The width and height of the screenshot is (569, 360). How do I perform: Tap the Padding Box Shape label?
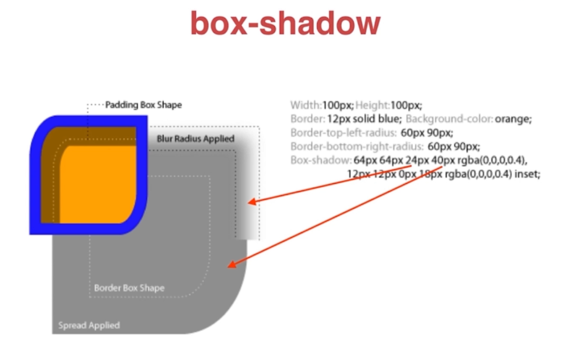[x=144, y=105]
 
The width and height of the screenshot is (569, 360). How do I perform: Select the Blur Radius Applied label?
[x=195, y=139]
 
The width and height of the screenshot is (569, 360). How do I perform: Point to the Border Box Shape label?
[x=129, y=288]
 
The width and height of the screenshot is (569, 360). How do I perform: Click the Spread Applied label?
[x=89, y=325]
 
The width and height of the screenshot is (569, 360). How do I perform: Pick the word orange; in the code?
[x=513, y=119]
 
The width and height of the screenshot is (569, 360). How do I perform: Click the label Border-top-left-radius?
[x=342, y=133]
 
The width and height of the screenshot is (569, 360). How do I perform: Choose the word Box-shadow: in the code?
[x=320, y=161]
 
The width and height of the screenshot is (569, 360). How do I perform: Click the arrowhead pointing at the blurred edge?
[x=250, y=201]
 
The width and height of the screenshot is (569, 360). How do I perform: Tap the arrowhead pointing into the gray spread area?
[x=231, y=265]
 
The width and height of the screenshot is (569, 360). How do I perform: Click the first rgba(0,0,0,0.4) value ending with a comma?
[x=493, y=161]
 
